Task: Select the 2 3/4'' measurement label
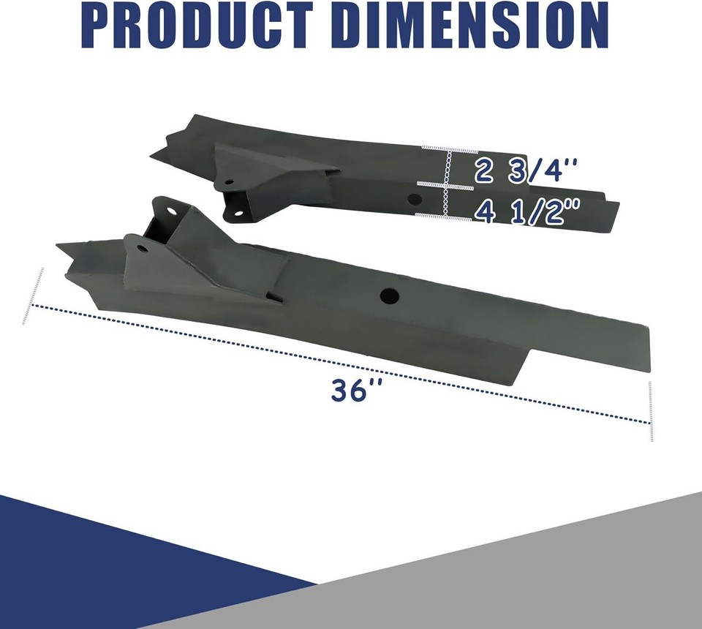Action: click(x=526, y=171)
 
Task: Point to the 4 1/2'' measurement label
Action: click(x=526, y=212)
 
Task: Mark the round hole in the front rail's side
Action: click(x=390, y=295)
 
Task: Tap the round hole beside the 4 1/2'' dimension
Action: click(x=414, y=199)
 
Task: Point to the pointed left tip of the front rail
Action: click(x=58, y=246)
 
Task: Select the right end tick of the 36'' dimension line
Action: click(x=650, y=411)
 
